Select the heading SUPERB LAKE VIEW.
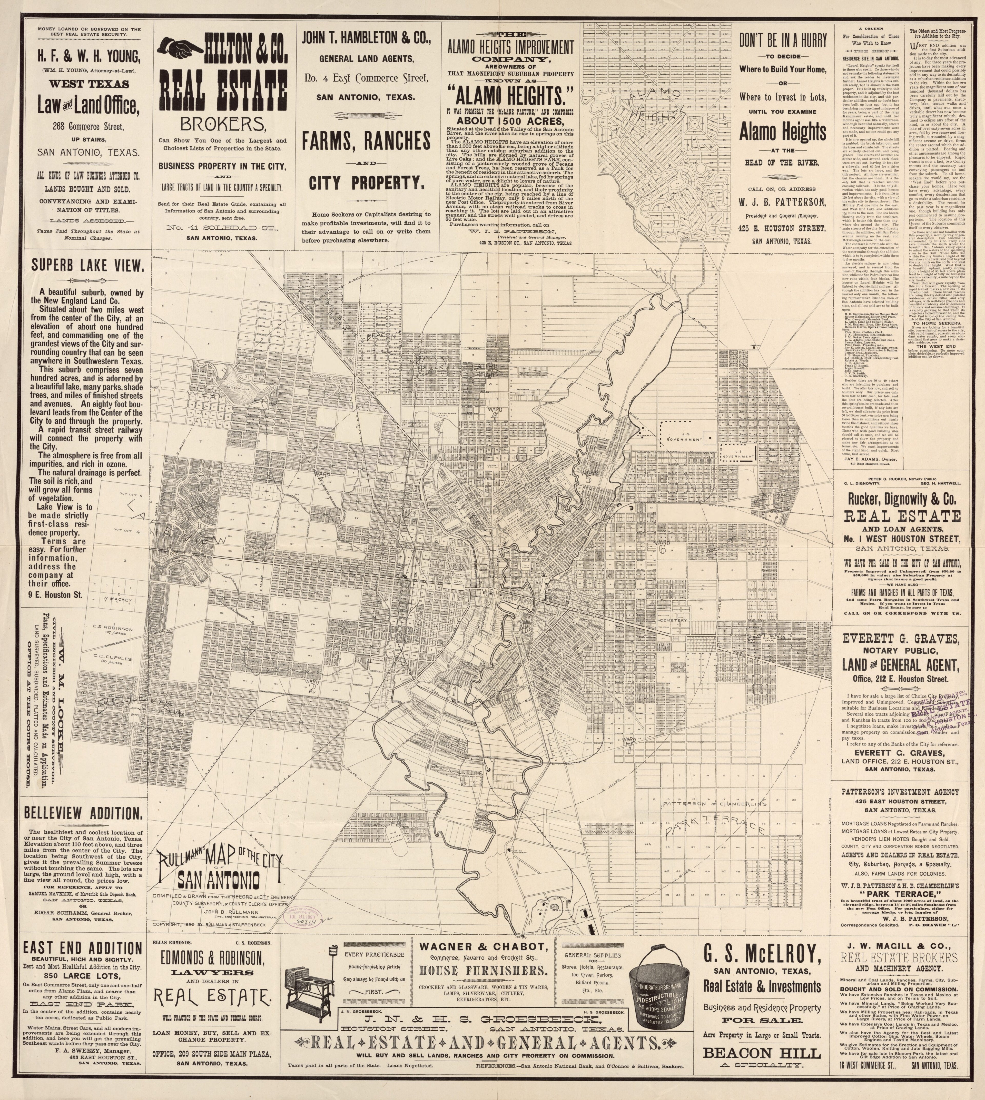87,266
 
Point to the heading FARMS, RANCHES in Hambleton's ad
366,142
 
